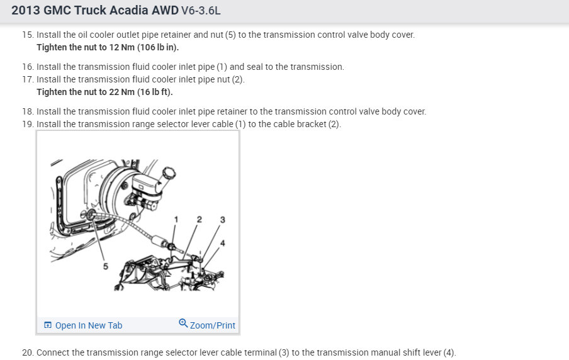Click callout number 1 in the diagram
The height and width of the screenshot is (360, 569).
pos(176,220)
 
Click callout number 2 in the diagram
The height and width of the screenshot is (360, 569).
pos(199,220)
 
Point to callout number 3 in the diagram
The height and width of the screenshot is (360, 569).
pos(222,220)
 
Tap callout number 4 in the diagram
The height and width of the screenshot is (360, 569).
pos(222,243)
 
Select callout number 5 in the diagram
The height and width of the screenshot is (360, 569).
pos(106,266)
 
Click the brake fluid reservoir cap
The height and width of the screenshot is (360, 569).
pos(168,172)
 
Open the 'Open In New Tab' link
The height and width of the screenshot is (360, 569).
pos(89,325)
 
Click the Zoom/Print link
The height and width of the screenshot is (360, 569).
pos(213,325)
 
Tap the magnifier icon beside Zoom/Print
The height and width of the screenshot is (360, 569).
pos(183,323)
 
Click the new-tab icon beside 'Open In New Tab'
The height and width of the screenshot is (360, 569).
pos(48,325)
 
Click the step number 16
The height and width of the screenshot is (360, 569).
pos(27,67)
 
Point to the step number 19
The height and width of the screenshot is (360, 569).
pos(27,124)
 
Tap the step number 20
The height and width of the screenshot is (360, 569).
pos(27,352)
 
